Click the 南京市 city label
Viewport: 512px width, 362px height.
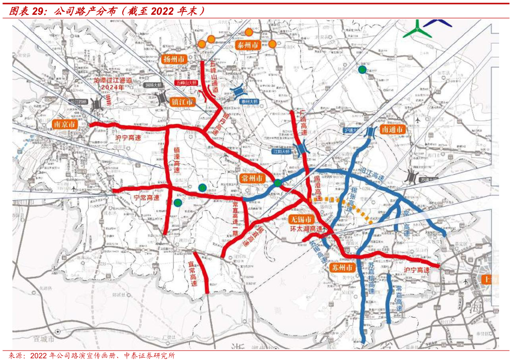click(65, 125)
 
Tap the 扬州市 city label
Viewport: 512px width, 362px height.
click(174, 59)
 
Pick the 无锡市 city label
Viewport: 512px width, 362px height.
click(301, 219)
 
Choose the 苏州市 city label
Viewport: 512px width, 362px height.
click(342, 267)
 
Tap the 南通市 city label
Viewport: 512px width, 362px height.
click(392, 129)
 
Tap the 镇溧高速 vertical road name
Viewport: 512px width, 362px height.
click(177, 159)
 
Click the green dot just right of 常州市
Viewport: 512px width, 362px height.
click(278, 184)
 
